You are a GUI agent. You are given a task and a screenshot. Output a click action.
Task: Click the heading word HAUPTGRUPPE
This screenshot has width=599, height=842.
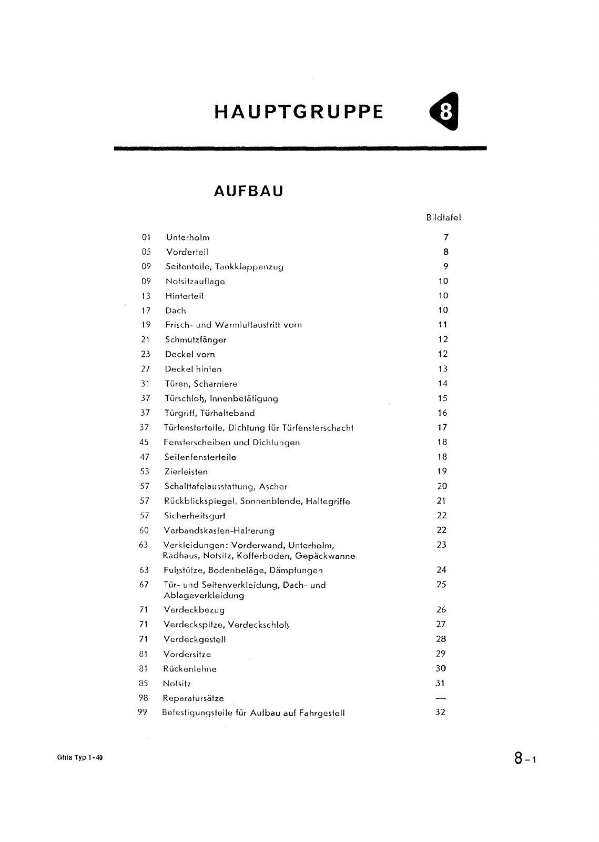(299, 112)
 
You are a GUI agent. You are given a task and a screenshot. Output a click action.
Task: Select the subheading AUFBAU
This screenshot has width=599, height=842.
(249, 191)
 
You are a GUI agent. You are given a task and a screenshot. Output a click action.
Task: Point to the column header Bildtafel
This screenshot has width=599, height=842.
(444, 217)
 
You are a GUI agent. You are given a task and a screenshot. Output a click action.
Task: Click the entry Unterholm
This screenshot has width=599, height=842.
(188, 237)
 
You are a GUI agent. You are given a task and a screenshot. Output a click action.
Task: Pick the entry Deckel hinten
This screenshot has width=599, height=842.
(194, 369)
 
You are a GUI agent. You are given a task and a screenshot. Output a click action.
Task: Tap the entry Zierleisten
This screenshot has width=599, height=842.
(186, 472)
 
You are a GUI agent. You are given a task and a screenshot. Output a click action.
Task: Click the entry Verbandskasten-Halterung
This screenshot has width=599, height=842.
(219, 531)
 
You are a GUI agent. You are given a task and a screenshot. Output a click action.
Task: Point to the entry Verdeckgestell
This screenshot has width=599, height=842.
(195, 640)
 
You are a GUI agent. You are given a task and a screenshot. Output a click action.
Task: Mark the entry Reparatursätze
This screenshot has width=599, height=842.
(194, 699)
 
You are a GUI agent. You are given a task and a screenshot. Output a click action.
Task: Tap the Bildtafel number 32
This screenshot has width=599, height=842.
(441, 713)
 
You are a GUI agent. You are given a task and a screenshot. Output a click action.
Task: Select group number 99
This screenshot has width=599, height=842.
(142, 713)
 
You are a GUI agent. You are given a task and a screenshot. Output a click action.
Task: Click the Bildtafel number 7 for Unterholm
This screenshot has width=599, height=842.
(445, 237)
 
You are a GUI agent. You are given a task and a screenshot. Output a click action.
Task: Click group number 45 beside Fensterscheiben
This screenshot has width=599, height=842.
(145, 443)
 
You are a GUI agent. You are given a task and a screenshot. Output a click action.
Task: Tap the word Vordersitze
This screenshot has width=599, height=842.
(187, 655)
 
